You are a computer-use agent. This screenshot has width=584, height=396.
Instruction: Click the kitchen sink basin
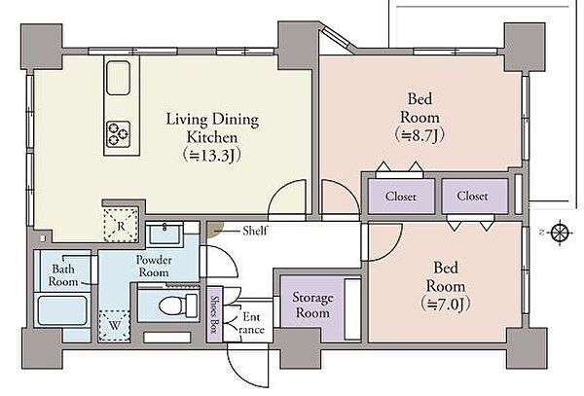point(119,78)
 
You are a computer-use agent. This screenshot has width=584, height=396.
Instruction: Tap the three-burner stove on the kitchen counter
point(119,133)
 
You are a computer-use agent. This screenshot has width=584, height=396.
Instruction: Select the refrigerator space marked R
point(121,225)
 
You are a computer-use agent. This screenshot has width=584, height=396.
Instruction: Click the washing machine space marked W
point(114,326)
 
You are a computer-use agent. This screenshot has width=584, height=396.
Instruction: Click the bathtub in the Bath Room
point(63,310)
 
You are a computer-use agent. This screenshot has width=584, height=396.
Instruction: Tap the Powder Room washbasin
point(164,234)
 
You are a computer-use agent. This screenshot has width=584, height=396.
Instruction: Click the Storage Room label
point(312,305)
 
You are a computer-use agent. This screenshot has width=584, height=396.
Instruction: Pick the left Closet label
point(401,197)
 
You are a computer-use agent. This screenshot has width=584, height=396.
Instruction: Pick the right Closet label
point(472,196)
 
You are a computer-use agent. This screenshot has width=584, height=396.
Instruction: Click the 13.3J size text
point(212,156)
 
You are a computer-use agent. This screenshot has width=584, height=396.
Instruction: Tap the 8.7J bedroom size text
point(420,135)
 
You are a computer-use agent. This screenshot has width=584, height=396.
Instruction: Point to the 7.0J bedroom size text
point(446,304)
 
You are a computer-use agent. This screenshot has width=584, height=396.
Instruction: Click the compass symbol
point(560,233)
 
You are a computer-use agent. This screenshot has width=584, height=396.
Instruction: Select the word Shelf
point(255,231)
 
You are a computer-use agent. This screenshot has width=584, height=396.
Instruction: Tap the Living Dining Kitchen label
point(212,128)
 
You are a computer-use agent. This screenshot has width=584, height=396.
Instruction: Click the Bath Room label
point(63,274)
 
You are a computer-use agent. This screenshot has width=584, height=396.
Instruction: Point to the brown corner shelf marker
point(214,229)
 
